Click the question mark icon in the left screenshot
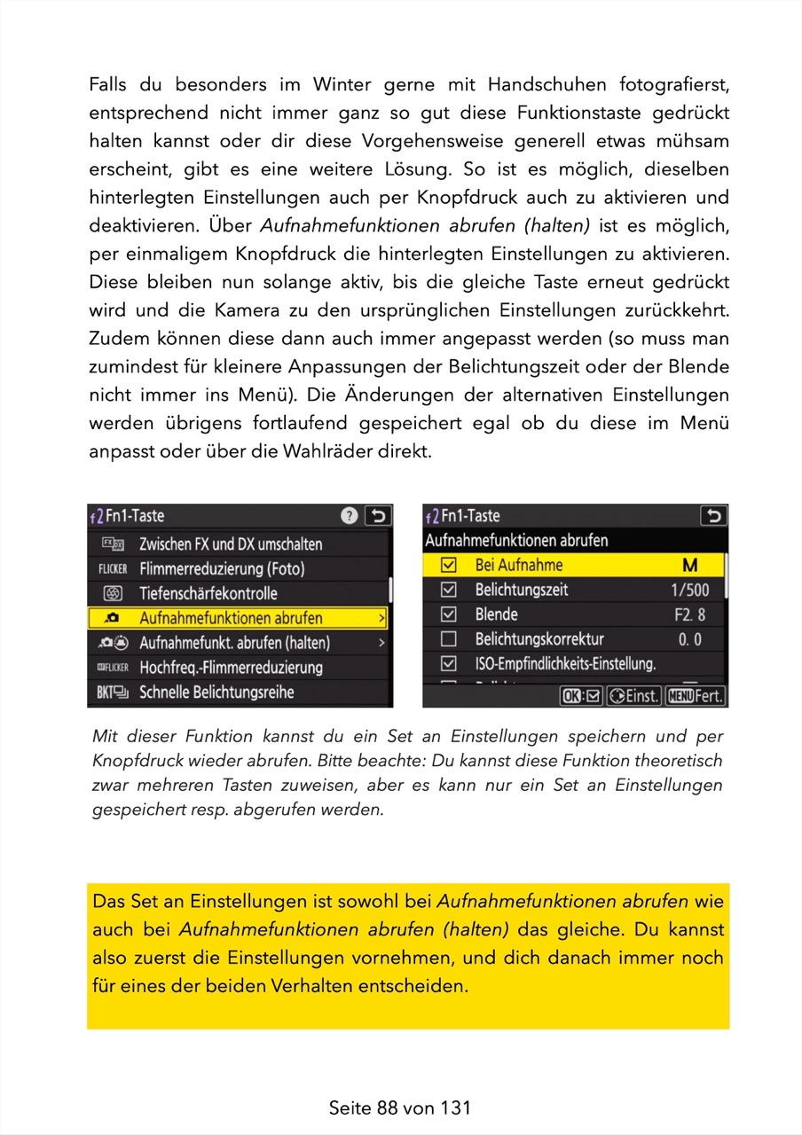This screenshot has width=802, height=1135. pos(350,516)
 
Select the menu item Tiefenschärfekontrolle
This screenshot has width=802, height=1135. pos(208,593)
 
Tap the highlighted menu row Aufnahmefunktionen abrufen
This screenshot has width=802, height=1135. pos(231,618)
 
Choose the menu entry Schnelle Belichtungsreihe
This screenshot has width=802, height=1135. pos(216,692)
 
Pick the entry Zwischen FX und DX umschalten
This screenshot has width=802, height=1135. pos(231,544)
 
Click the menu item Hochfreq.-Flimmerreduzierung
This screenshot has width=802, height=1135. pos(231,667)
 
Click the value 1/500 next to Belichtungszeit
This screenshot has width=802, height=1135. pos(690,590)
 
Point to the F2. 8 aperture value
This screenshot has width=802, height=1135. pos(690,614)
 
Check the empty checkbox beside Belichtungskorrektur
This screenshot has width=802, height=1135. pos(449,638)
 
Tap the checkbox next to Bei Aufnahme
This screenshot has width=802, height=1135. pos(449,565)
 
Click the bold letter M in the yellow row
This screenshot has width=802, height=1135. pos(690,566)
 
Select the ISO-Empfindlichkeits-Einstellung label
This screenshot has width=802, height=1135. pos(565,662)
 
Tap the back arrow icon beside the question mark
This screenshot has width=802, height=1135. pos(378,516)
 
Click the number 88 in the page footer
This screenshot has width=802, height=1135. pos(387,1108)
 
